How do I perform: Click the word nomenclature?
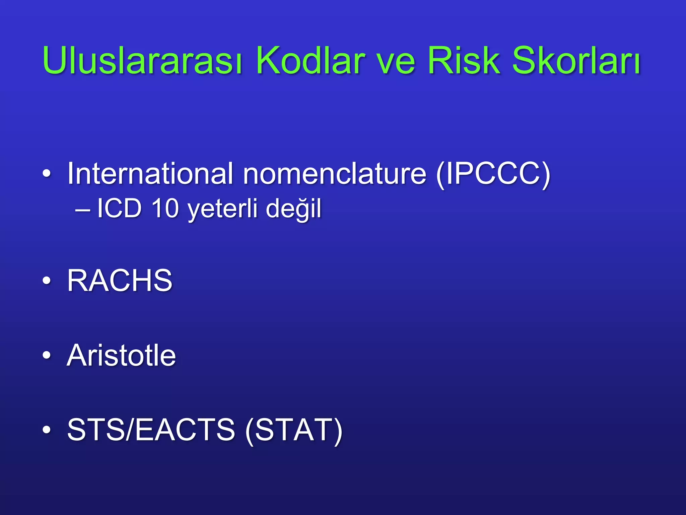[x=335, y=174]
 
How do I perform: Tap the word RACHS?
[x=120, y=281]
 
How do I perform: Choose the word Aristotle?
[x=121, y=355]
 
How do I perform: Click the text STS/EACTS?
[x=151, y=430]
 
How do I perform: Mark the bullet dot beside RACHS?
[x=47, y=281]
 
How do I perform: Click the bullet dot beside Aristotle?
[x=47, y=355]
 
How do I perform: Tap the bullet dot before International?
[x=47, y=174]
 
